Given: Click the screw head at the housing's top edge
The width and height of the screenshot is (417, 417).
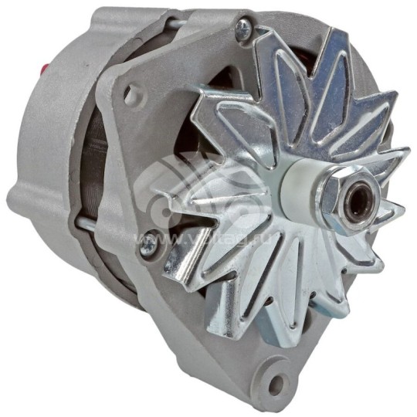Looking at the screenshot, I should [x=242, y=29].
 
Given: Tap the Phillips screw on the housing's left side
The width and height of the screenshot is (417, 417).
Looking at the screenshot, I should [x=146, y=242].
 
